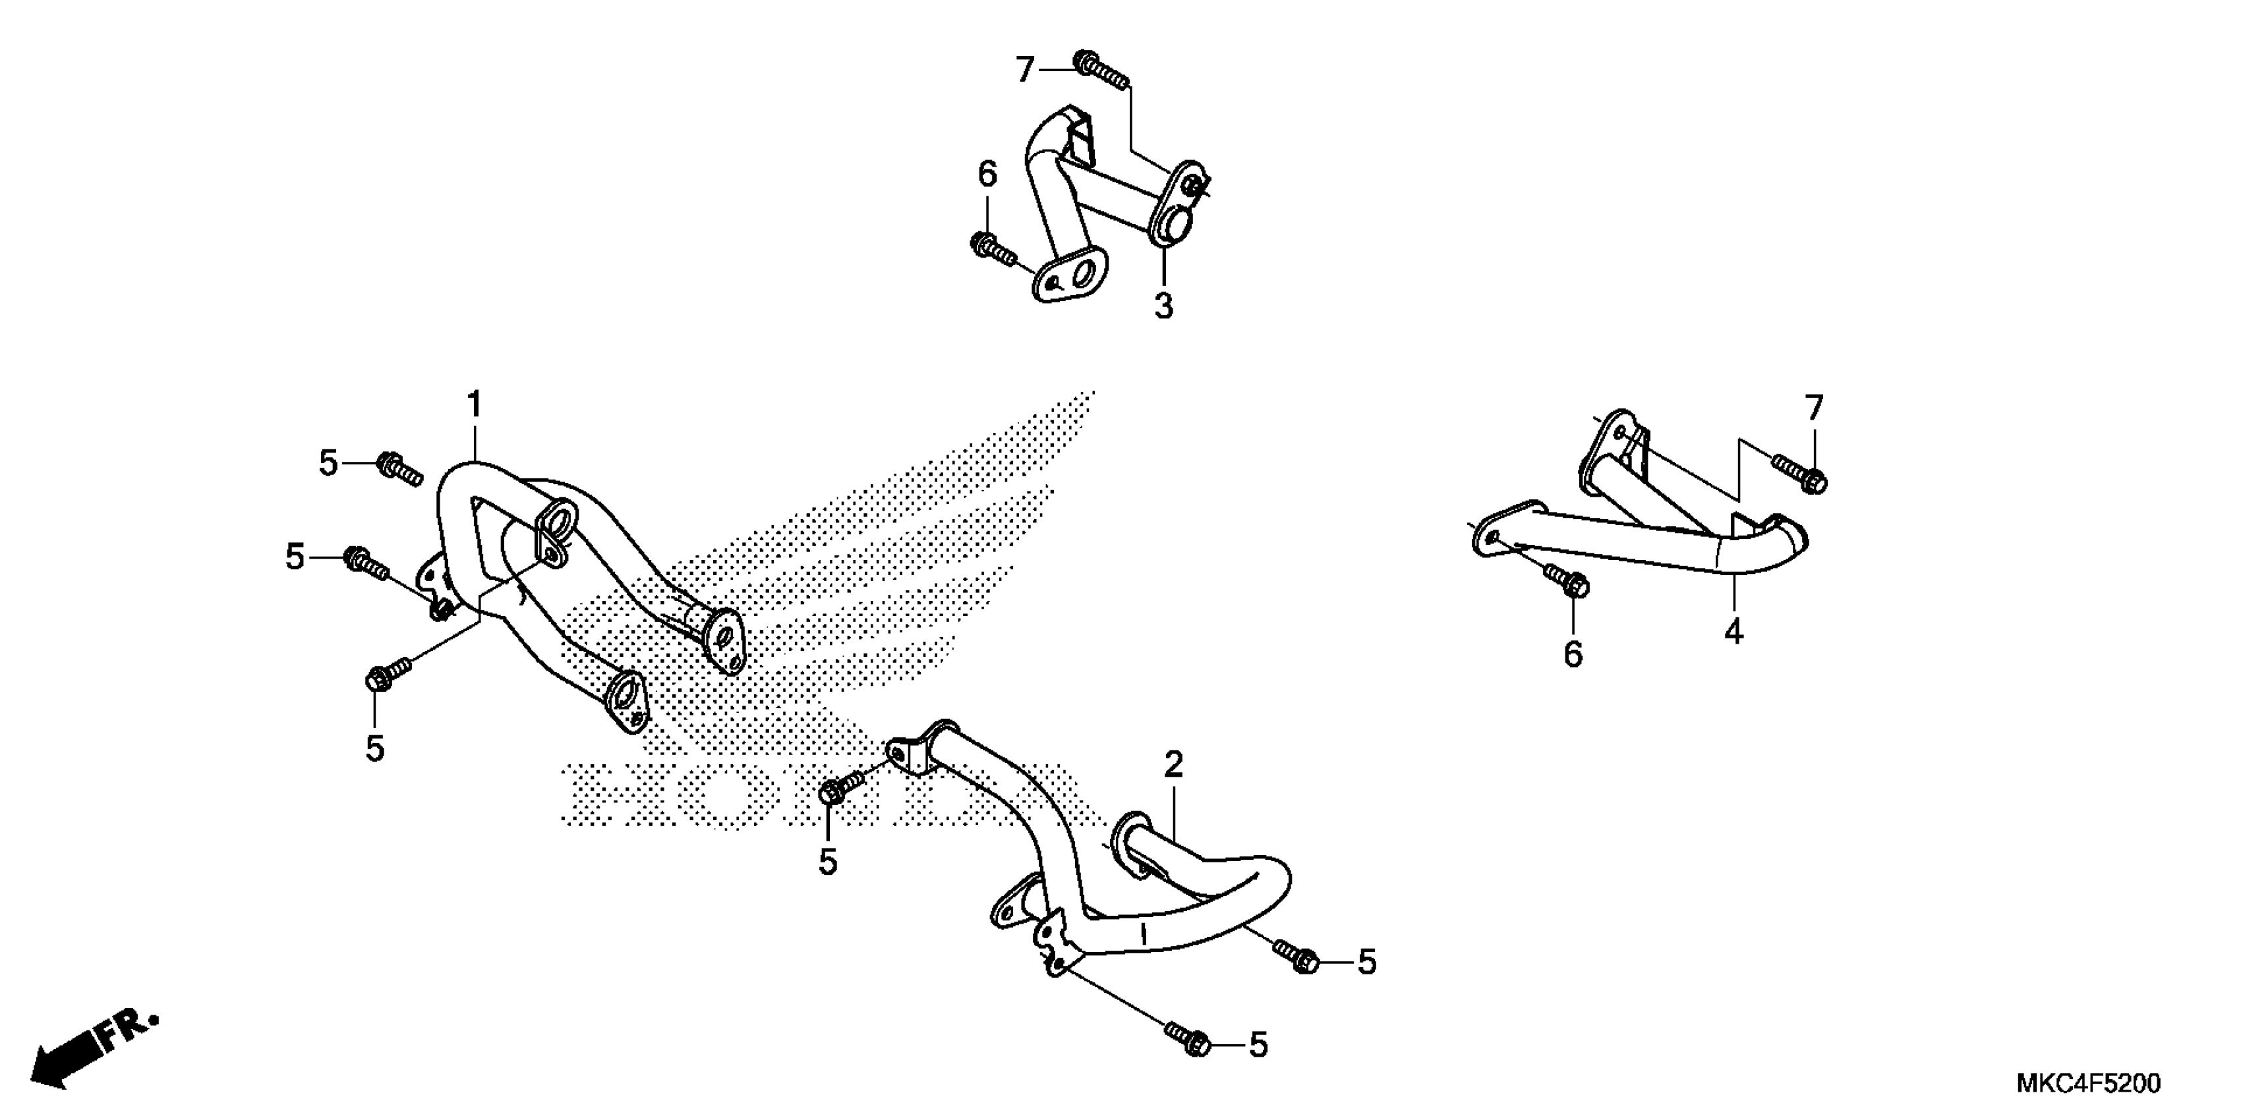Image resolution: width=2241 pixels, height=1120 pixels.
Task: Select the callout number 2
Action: (x=1174, y=765)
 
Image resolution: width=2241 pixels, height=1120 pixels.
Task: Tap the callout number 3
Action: (x=1164, y=306)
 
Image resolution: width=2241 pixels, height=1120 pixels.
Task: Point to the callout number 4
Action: (x=1734, y=631)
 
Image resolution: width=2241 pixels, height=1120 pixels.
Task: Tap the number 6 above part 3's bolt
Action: (x=987, y=175)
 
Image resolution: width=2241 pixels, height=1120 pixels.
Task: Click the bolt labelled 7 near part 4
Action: (x=1799, y=474)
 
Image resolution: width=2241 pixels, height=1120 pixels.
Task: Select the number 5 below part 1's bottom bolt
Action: (x=375, y=747)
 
